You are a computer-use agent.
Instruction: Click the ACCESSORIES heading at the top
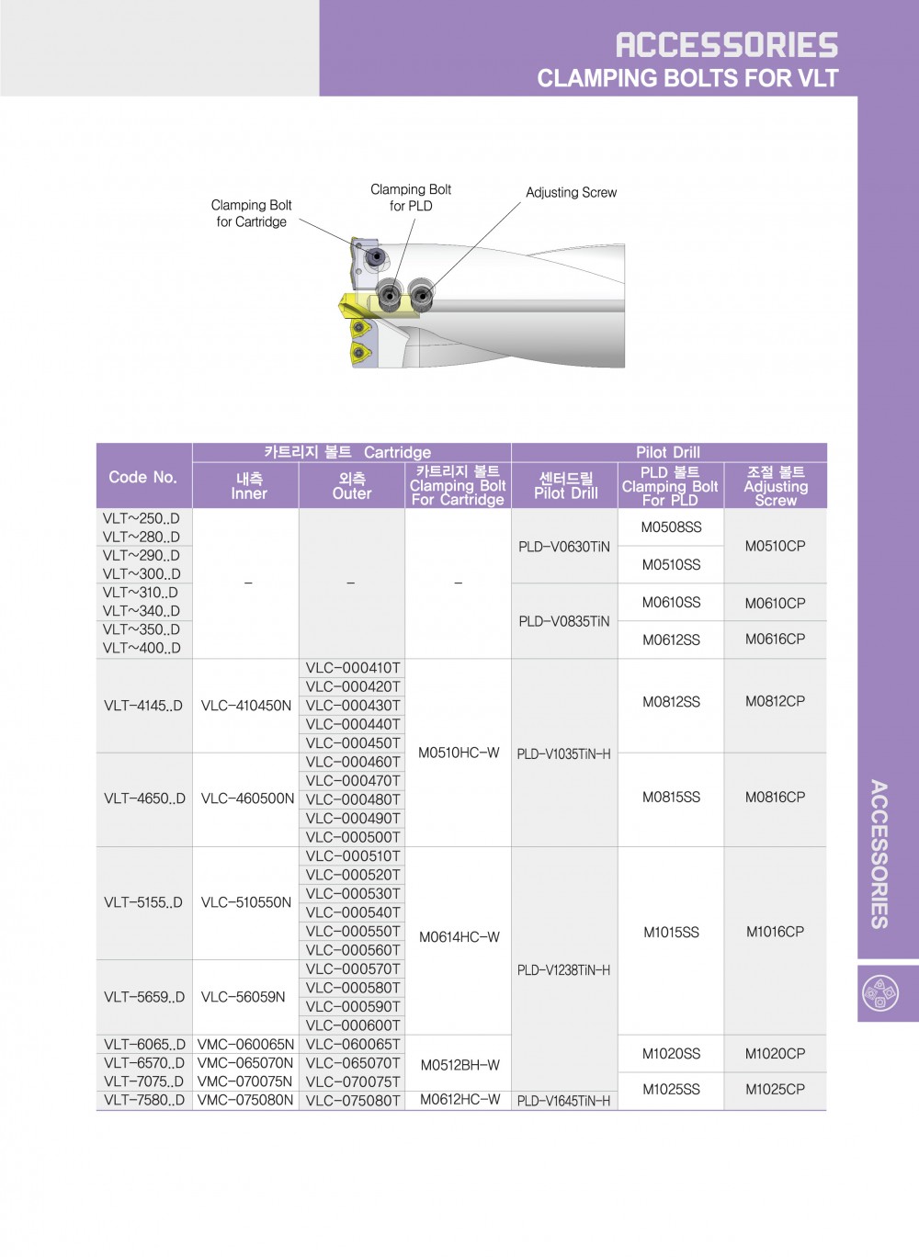[x=726, y=44]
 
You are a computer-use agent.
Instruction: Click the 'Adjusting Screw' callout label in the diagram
[x=571, y=192]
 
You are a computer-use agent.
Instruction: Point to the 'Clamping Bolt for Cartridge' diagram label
[x=251, y=213]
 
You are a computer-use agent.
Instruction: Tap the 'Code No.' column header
[x=142, y=477]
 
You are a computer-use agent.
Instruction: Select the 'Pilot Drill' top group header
[x=668, y=452]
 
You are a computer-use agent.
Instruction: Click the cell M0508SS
[x=671, y=527]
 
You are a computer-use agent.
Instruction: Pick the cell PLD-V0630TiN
[x=563, y=547]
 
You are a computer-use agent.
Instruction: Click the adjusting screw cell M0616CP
[x=775, y=640]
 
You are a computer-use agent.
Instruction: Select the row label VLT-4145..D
[x=143, y=706]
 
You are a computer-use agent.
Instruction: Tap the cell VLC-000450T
[x=353, y=742]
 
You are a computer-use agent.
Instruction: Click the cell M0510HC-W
[x=459, y=753]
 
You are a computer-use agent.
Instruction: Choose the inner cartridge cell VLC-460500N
[x=247, y=798]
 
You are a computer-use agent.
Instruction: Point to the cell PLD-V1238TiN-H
[x=563, y=970]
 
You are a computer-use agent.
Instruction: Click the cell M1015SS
[x=671, y=932]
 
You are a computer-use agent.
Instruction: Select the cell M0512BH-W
[x=459, y=1065]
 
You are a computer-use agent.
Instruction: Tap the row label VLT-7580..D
[x=144, y=1100]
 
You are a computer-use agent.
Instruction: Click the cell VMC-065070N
[x=245, y=1063]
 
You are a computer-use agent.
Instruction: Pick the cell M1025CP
[x=775, y=1090]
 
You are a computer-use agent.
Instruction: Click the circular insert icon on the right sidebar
[x=880, y=993]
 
